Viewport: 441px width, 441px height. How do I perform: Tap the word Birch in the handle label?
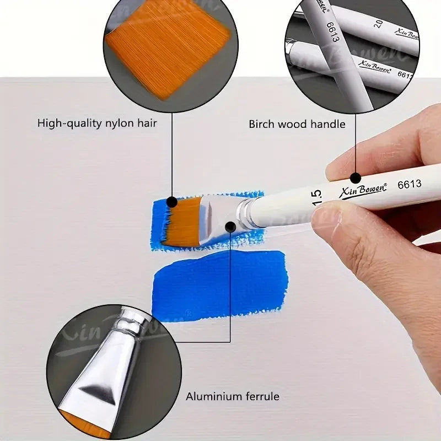pyautogui.click(x=262, y=124)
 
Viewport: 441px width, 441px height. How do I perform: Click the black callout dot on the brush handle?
pyautogui.click(x=356, y=178)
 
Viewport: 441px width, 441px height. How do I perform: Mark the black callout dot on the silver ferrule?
pyautogui.click(x=230, y=226)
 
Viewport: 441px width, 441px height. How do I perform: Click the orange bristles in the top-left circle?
pyautogui.click(x=168, y=50)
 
